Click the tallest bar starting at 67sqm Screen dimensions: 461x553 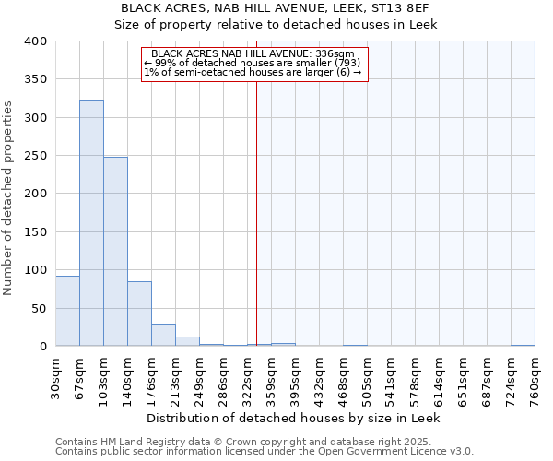click(91, 223)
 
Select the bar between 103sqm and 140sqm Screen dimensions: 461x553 click(115, 252)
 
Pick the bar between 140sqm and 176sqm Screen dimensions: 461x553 click(139, 313)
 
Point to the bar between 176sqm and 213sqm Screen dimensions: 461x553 click(163, 335)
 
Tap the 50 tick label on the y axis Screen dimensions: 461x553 click(39, 308)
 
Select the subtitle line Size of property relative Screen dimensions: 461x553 click(276, 24)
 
